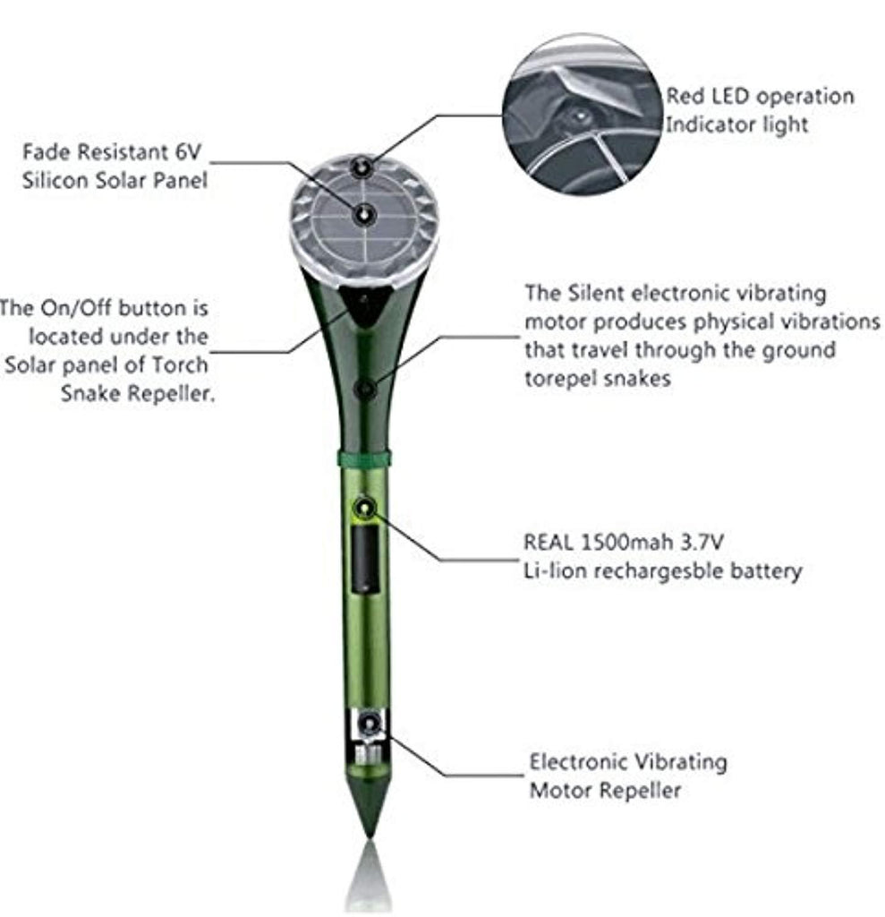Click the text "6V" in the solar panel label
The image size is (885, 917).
188,152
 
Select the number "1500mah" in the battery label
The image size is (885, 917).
626,542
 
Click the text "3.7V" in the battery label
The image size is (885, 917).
702,542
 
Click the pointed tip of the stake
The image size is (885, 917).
369,837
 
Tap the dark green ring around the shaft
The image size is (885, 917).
364,458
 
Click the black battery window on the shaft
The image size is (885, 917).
365,560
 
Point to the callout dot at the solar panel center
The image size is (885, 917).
363,215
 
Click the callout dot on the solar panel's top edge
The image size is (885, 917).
362,168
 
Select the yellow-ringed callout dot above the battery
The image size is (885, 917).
366,508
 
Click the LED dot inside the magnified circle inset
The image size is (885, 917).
579,116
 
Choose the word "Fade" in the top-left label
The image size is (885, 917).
46,152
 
